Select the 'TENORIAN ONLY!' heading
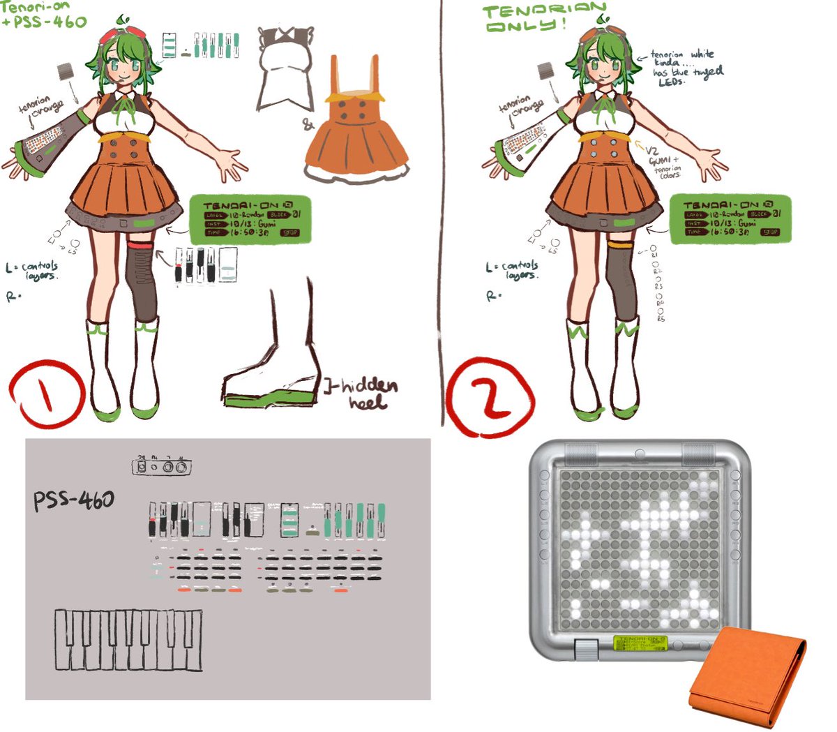pos(544,17)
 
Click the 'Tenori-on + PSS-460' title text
pos(43,14)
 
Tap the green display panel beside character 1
pos(249,219)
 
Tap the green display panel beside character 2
pos(730,219)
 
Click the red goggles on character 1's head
pos(114,32)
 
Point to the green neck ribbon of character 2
pos(612,105)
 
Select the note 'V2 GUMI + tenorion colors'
pos(664,160)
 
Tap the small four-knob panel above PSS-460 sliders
pos(161,467)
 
